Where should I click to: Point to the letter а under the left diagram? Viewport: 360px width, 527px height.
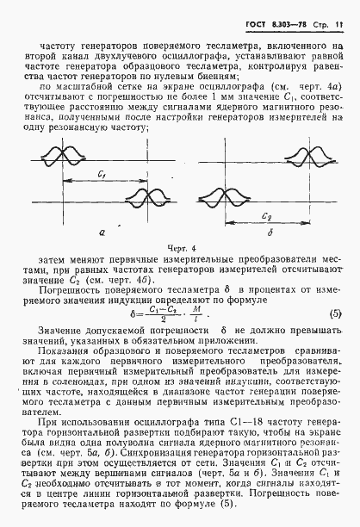point(102,231)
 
